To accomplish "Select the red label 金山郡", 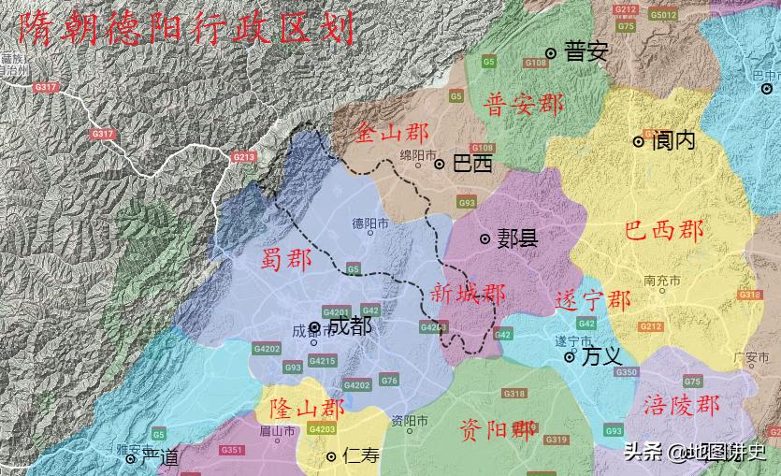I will [392, 133].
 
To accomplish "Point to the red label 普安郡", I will [523, 104].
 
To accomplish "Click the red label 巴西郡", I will [663, 231].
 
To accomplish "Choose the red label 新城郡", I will [468, 293].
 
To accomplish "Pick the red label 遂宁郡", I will [592, 300].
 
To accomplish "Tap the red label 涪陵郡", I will [682, 405].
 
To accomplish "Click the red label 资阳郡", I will [498, 429].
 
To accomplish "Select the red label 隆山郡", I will [307, 409].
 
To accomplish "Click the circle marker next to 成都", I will [315, 327].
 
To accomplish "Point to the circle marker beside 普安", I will [552, 53].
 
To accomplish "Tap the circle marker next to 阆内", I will [639, 141].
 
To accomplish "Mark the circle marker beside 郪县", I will [485, 239].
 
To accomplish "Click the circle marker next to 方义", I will [569, 356].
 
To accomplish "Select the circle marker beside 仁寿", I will [331, 456].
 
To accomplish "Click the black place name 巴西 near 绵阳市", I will [471, 164].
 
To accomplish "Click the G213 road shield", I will [244, 157].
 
